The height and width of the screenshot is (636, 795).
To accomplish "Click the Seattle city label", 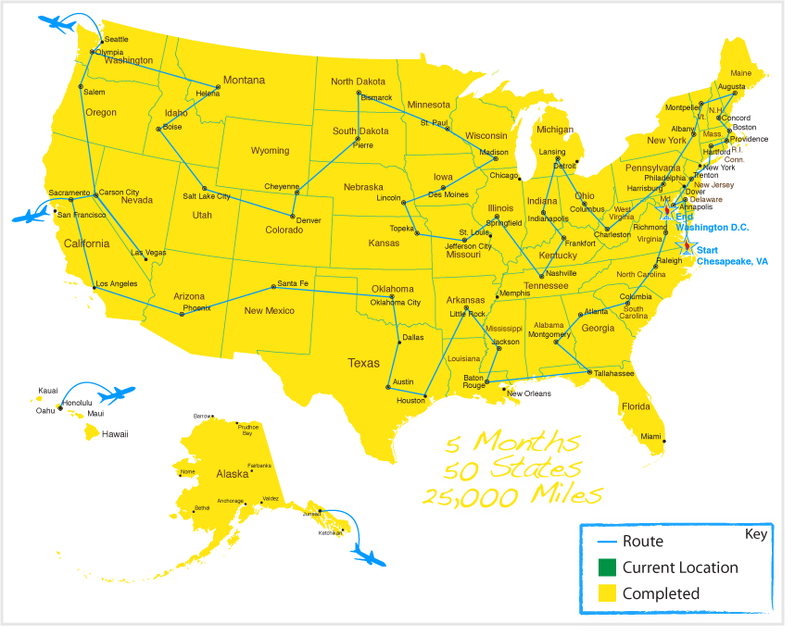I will (116, 39).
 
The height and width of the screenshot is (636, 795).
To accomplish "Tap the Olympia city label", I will (108, 52).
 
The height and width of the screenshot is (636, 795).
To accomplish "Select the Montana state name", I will (244, 81).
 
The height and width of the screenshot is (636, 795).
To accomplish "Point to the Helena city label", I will (208, 94).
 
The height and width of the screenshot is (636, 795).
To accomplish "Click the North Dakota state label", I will (358, 81).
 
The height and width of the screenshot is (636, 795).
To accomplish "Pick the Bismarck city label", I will (376, 97).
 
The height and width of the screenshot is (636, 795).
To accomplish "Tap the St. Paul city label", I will (434, 122).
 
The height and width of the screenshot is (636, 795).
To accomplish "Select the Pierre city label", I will (362, 144).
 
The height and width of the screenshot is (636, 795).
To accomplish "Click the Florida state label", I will (636, 406).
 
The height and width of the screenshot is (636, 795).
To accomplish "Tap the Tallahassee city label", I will (614, 373).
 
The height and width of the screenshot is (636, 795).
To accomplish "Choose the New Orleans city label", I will (530, 393).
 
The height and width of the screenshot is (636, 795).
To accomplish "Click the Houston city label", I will (410, 400).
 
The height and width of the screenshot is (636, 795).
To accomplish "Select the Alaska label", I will (233, 473).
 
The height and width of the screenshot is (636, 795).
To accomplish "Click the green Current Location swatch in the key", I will (607, 567).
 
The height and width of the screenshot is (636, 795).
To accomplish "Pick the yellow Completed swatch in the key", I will (607, 592).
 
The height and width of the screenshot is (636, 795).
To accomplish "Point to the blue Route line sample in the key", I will (607, 542).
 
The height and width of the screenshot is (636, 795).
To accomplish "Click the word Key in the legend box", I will (756, 535).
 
